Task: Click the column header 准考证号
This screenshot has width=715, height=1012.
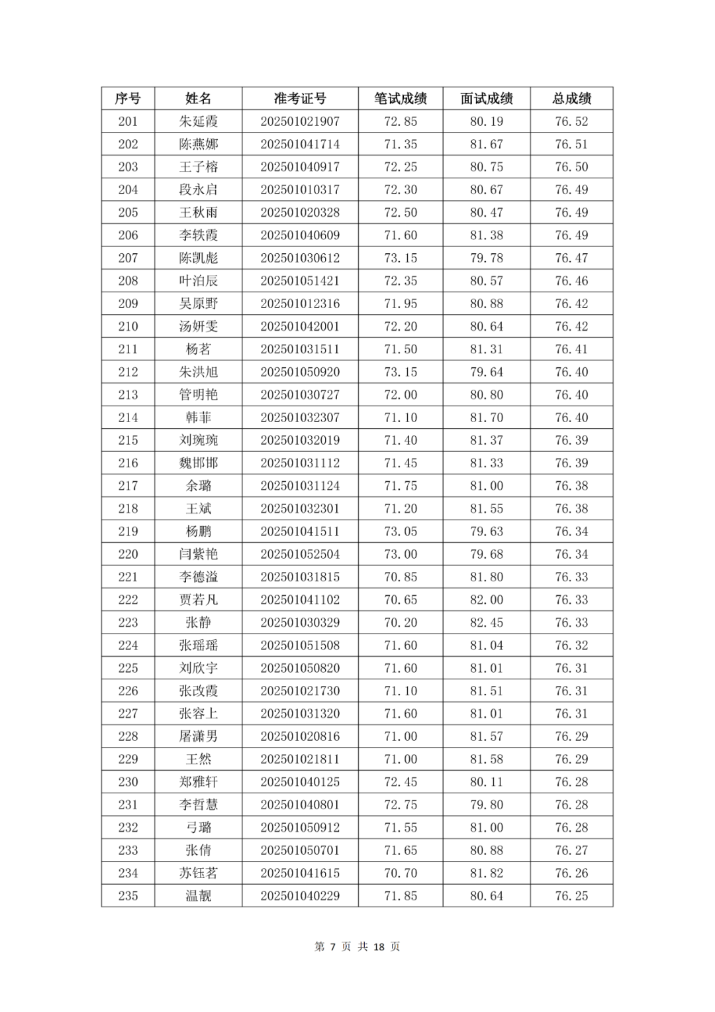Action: [300, 99]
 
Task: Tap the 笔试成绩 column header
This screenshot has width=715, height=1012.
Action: [401, 99]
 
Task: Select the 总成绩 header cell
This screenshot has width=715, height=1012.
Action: [571, 99]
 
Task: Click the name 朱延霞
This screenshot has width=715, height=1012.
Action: [198, 121]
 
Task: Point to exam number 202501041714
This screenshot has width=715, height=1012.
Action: [300, 144]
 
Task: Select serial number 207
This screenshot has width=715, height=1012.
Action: [128, 258]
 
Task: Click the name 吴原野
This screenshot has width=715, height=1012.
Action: [198, 304]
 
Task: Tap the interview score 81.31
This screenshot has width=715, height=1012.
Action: [487, 349]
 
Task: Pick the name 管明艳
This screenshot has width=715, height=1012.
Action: [198, 395]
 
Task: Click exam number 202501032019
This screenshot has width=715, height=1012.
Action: [300, 440]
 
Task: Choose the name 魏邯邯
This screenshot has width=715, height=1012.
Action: [198, 463]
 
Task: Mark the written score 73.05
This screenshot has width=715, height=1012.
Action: [401, 532]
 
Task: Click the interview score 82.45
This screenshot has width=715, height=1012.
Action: [487, 622]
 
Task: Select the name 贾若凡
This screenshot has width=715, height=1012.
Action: [198, 600]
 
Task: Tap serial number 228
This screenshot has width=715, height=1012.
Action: [128, 736]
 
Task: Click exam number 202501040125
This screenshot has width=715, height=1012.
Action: [300, 782]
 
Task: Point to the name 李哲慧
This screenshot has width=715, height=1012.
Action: [198, 805]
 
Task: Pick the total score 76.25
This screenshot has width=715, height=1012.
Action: [571, 896]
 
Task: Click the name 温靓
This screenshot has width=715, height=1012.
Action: [198, 896]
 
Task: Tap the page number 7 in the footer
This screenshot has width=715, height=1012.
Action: [334, 946]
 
